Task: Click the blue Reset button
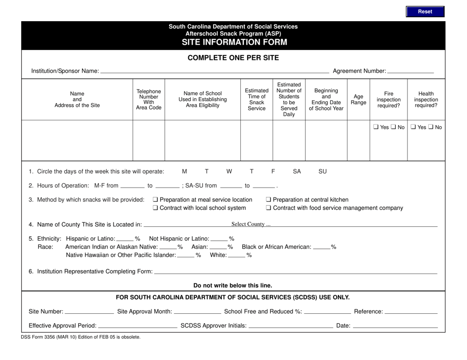pyautogui.click(x=425, y=11)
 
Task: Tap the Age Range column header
pyautogui.click(x=358, y=100)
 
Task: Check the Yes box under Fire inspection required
pyautogui.click(x=376, y=127)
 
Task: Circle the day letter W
pyautogui.click(x=229, y=171)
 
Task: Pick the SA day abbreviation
pyautogui.click(x=297, y=171)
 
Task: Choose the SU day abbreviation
pyautogui.click(x=322, y=171)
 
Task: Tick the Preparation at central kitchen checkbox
pyautogui.click(x=268, y=199)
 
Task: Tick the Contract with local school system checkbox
pyautogui.click(x=155, y=208)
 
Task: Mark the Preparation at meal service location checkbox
pyautogui.click(x=155, y=199)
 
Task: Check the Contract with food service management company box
pyautogui.click(x=268, y=208)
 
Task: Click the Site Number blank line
pyautogui.click(x=89, y=311)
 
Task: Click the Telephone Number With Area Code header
pyautogui.click(x=148, y=100)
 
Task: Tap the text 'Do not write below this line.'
pyautogui.click(x=233, y=285)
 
